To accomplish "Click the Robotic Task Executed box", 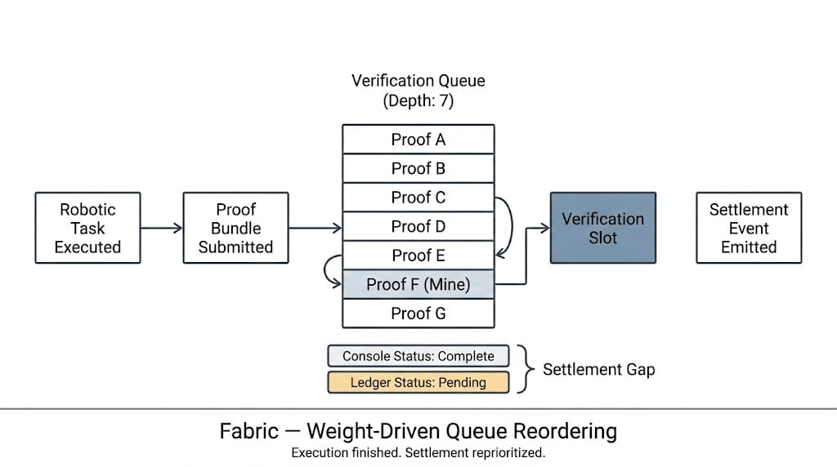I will click(x=87, y=228).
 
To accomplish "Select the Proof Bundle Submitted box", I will click(x=235, y=228).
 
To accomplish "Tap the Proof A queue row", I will click(x=418, y=140).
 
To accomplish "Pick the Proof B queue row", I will click(x=418, y=168).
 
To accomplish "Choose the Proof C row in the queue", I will click(x=418, y=198).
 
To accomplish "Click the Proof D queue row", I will click(x=418, y=226).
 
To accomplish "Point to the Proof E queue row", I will click(x=418, y=256).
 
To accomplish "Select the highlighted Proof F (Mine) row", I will click(x=418, y=284).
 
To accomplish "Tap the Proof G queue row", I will click(x=418, y=314).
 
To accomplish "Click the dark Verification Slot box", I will click(x=602, y=228).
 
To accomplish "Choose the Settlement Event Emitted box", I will click(x=748, y=228).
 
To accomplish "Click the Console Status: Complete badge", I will click(x=418, y=356).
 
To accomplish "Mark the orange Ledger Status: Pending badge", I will click(x=418, y=382).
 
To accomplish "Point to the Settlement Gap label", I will click(x=598, y=370).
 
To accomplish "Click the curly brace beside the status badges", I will click(x=523, y=369).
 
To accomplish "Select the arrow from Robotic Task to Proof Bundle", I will click(x=161, y=228).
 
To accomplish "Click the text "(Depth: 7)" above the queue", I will click(x=418, y=102).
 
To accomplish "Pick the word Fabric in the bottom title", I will click(x=248, y=431).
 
